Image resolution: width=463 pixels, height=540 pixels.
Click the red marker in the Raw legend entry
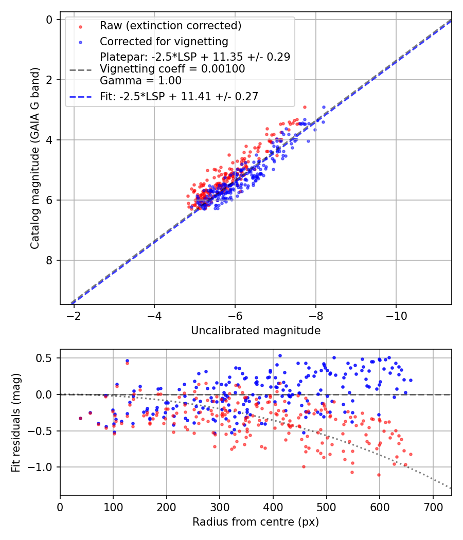pos(80,26)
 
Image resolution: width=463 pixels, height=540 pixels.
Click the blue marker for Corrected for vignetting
pos(80,41)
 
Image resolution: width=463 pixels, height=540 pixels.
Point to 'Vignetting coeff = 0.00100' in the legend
pos(172,69)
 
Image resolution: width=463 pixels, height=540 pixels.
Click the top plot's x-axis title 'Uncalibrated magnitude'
pos(256,331)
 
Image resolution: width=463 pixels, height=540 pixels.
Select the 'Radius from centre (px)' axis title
pos(256,522)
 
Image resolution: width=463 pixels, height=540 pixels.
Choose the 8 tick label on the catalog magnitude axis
pos(50,260)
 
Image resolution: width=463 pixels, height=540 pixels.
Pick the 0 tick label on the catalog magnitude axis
pos(50,20)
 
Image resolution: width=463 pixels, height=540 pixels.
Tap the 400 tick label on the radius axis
pos(273,506)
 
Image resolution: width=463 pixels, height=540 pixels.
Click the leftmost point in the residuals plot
pos(80,418)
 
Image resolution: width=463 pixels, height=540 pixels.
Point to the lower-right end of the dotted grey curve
pos(451,489)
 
